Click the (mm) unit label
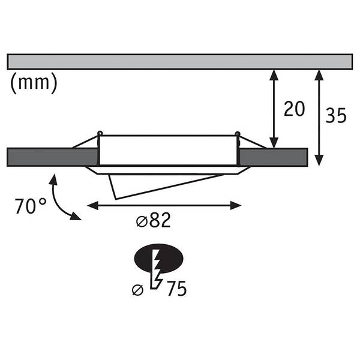34,83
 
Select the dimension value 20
294,109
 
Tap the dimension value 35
335,115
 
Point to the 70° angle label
31,206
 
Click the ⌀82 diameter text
154,220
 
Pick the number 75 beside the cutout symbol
176,289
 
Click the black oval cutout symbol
158,258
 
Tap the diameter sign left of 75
138,290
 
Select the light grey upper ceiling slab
180,62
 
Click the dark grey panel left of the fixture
52,157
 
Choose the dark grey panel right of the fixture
273,157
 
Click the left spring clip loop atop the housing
100,133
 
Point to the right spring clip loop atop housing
238,133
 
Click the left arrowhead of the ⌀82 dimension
93,205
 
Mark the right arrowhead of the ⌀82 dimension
236,205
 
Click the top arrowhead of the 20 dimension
274,75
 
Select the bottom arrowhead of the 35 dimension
319,160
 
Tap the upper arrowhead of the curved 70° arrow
53,179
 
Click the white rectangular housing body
168,151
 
